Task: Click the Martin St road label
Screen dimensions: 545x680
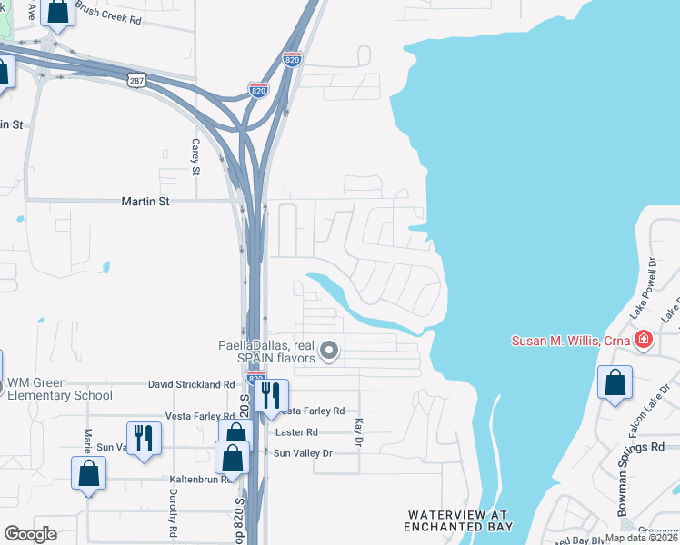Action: (x=145, y=202)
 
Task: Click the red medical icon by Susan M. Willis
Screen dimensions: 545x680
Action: (x=643, y=341)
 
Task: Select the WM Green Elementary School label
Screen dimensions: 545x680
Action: (x=59, y=388)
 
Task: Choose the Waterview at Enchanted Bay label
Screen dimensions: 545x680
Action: (x=459, y=520)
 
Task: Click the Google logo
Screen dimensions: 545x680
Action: (x=31, y=533)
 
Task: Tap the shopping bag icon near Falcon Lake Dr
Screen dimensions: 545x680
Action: (x=615, y=382)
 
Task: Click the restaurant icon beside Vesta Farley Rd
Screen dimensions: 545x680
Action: (x=270, y=396)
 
